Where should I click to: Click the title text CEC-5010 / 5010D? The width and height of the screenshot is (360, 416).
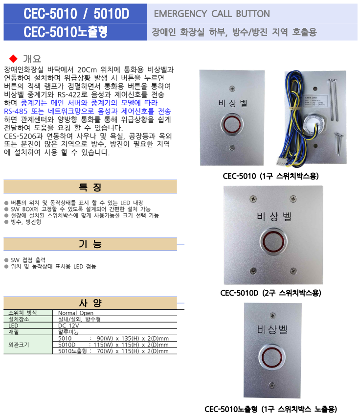pyautogui.click(x=76, y=14)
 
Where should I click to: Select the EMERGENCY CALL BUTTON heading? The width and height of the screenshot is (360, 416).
pyautogui.click(x=211, y=14)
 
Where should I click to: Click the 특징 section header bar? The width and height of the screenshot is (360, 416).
pyautogui.click(x=90, y=187)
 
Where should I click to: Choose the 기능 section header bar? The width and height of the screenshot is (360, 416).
pyautogui.click(x=90, y=244)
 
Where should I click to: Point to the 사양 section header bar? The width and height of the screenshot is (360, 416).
pyautogui.click(x=90, y=302)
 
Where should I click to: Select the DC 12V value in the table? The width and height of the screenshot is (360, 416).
pyautogui.click(x=69, y=325)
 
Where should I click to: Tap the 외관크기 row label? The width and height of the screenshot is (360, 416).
pyautogui.click(x=19, y=345)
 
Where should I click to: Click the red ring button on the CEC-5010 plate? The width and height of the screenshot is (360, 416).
pyautogui.click(x=231, y=125)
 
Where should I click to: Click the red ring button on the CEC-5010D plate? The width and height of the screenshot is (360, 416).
pyautogui.click(x=272, y=241)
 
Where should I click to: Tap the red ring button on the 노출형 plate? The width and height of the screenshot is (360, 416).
pyautogui.click(x=272, y=359)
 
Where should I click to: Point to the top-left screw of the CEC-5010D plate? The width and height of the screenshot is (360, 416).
pyautogui.click(x=252, y=199)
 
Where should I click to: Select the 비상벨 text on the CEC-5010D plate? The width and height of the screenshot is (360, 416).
pyautogui.click(x=273, y=216)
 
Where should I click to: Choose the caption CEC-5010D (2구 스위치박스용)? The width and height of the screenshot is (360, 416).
pyautogui.click(x=270, y=293)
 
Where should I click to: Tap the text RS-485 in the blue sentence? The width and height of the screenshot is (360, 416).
pyautogui.click(x=17, y=111)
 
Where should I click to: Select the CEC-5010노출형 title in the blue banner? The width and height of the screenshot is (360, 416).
pyautogui.click(x=66, y=32)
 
